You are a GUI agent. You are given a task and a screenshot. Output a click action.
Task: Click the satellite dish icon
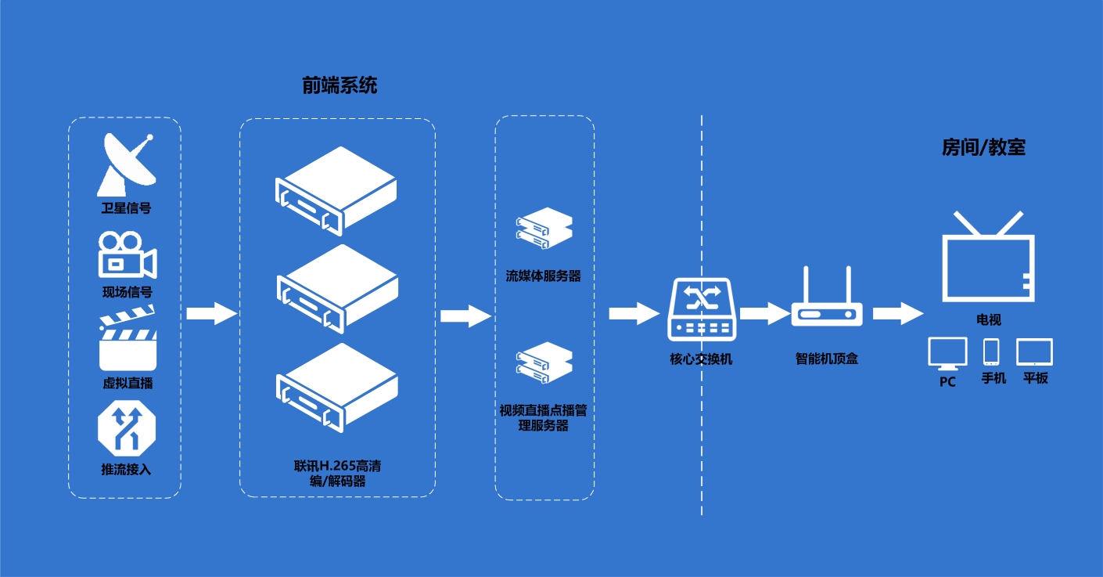(125, 165)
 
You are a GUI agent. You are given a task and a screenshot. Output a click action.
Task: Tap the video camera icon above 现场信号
(126, 255)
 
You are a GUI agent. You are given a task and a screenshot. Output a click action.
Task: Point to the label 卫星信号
(126, 208)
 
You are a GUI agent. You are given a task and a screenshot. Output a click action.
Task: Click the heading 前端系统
(340, 85)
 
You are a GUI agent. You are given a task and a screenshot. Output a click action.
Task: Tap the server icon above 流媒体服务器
(544, 228)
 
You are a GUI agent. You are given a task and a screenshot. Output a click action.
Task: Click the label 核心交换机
(702, 359)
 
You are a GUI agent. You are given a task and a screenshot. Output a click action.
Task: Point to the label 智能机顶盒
(827, 359)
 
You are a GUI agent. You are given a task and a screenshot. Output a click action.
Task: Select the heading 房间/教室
(983, 147)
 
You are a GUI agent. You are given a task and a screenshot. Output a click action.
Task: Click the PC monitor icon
(947, 354)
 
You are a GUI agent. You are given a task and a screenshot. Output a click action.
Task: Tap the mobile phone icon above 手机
(992, 352)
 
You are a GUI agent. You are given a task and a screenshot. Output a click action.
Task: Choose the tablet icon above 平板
(1034, 352)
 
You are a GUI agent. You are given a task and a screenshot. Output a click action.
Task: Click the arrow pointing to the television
(899, 314)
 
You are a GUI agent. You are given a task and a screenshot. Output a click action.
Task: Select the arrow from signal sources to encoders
(211, 314)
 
